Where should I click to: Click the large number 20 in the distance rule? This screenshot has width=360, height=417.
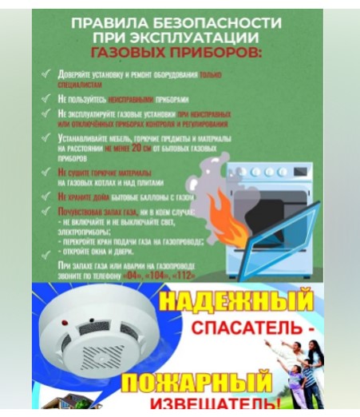click(142, 148)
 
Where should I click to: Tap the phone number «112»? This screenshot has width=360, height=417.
click(205, 273)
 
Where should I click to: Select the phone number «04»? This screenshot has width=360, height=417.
click(131, 273)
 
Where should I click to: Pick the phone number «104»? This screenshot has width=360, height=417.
click(167, 273)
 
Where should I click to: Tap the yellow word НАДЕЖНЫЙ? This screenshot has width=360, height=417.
click(236, 303)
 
